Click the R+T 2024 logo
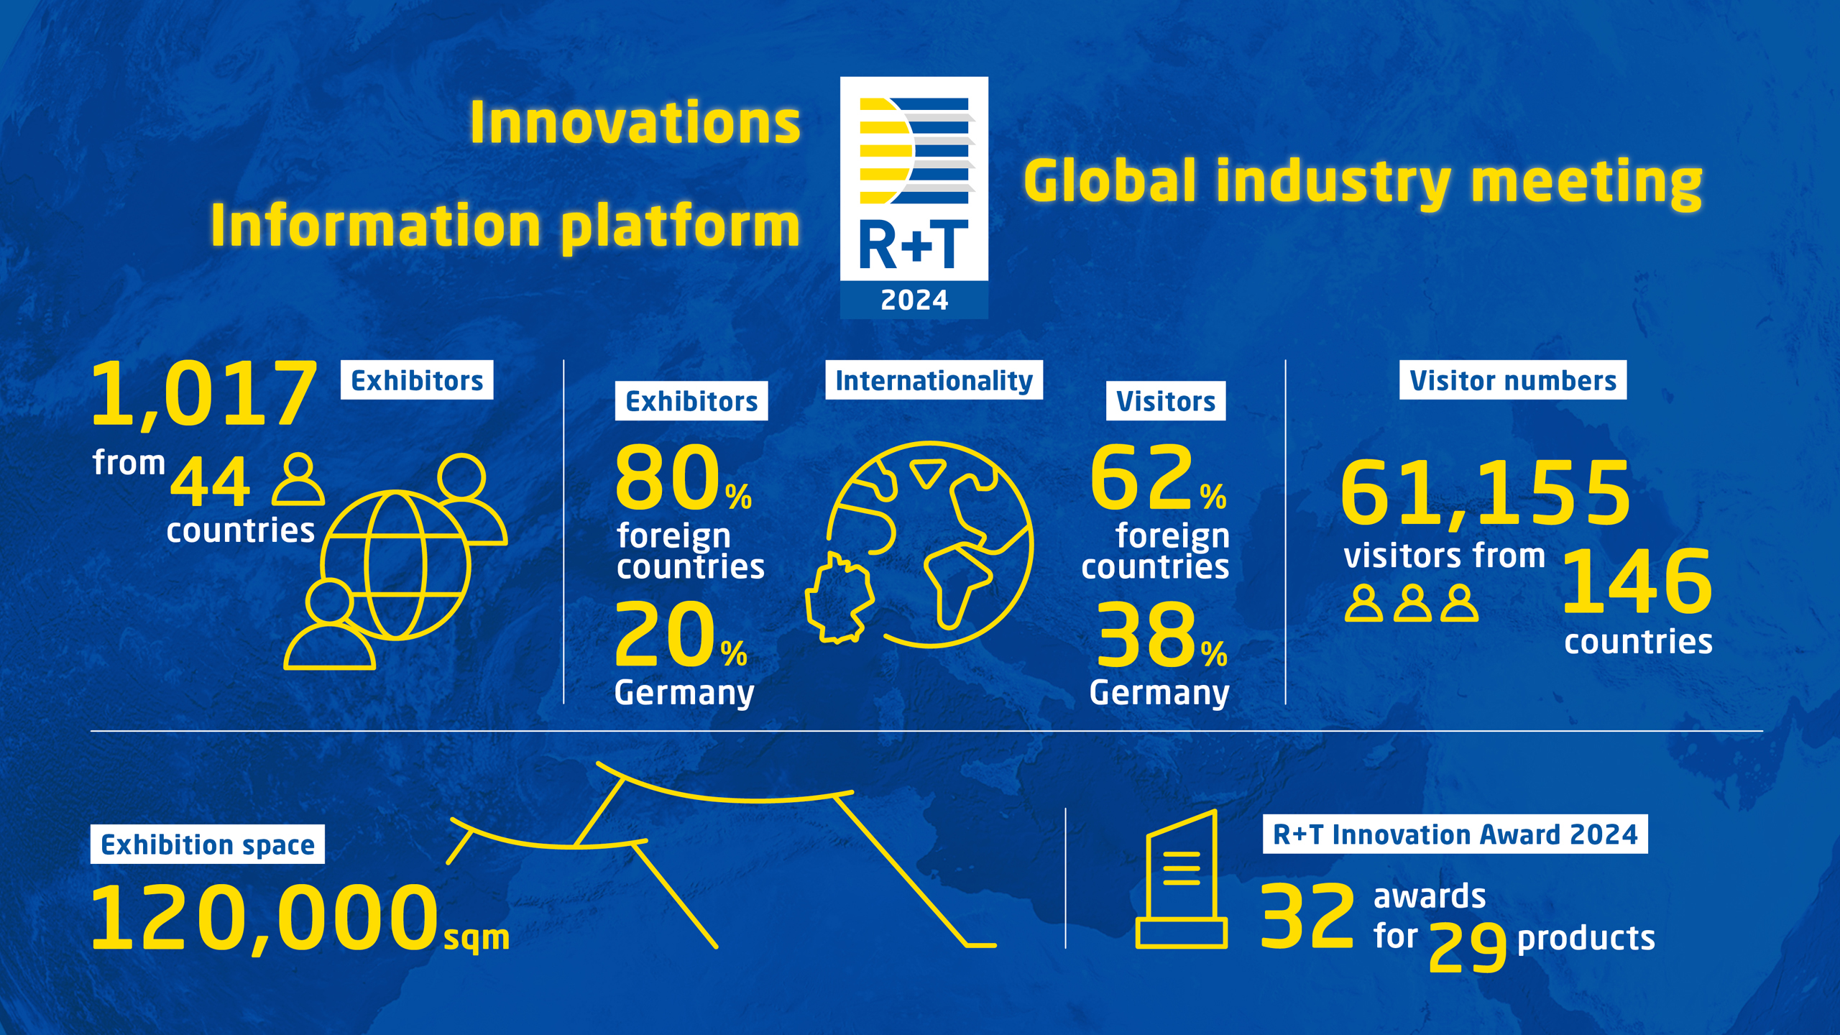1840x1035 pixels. (914, 198)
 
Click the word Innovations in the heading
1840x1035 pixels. (635, 122)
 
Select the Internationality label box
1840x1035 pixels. (934, 380)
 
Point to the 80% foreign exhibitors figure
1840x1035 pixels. (684, 478)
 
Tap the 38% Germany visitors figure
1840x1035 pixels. (1162, 635)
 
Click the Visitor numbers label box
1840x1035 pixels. (1513, 380)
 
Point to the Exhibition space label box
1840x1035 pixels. (208, 845)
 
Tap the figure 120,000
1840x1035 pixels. (265, 919)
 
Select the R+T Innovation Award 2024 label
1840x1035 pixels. (1455, 834)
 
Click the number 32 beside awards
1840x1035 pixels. (1307, 916)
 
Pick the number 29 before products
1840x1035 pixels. (1467, 947)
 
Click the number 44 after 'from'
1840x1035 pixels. (210, 482)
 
